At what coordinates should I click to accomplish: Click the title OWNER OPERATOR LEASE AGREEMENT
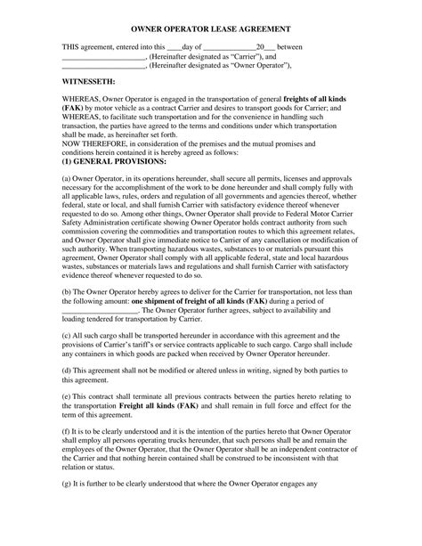210,29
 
